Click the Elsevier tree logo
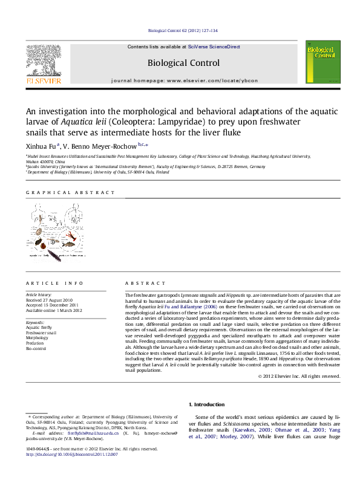(x=43, y=60)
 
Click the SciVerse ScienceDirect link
(x=214, y=47)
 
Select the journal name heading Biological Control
(x=184, y=62)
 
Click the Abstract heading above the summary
(x=145, y=284)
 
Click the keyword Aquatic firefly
(x=38, y=327)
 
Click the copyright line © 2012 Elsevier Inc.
(x=299, y=376)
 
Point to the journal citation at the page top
(x=182, y=30)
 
